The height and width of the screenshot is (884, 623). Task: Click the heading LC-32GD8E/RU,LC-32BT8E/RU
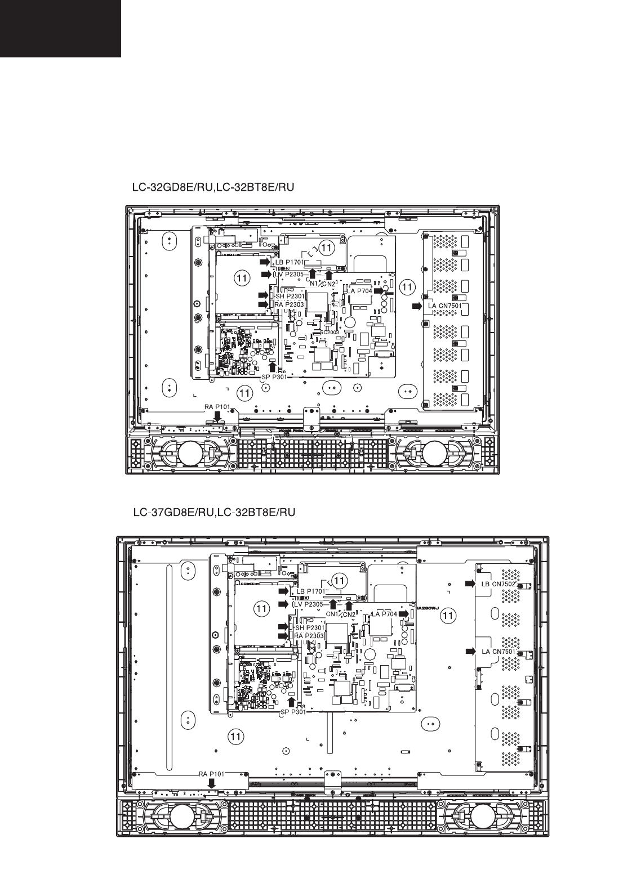point(212,186)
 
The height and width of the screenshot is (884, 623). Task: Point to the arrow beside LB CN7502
point(470,584)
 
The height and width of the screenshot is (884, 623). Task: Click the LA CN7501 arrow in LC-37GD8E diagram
point(470,651)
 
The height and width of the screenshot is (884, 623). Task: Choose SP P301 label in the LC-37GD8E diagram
point(292,711)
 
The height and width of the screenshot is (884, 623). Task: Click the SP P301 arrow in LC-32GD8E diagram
point(273,367)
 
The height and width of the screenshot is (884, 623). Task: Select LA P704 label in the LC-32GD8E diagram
point(359,291)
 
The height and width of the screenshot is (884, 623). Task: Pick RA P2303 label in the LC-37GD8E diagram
point(308,636)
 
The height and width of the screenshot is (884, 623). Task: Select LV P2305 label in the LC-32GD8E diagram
point(290,274)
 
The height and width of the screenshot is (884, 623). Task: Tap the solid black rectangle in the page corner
point(60,28)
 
